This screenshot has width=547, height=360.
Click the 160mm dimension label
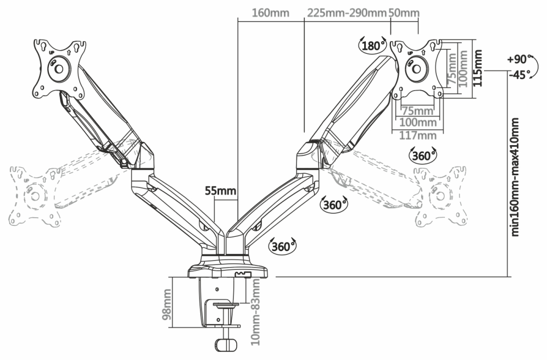pyautogui.click(x=270, y=13)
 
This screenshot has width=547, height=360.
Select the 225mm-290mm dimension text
pyautogui.click(x=347, y=13)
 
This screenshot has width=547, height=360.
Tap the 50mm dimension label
pyautogui.click(x=404, y=13)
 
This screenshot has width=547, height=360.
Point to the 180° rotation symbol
pyautogui.click(x=373, y=46)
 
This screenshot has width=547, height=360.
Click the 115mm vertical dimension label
pyautogui.click(x=478, y=68)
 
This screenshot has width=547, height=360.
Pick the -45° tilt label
pyautogui.click(x=520, y=75)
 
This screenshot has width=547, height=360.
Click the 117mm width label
pyautogui.click(x=417, y=135)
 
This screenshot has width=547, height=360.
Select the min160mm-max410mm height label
pyautogui.click(x=515, y=177)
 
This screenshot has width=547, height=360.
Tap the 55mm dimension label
pyautogui.click(x=220, y=191)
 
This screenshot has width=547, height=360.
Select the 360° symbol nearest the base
pyautogui.click(x=282, y=247)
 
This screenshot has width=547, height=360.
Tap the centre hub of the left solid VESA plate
pyautogui.click(x=58, y=69)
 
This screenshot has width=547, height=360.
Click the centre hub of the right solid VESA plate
pyautogui.click(x=416, y=69)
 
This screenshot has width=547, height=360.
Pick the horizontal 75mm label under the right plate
pyautogui.click(x=417, y=111)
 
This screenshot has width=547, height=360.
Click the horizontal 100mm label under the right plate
pyautogui.click(x=417, y=123)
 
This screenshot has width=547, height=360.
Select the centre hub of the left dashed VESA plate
pyautogui.click(x=35, y=196)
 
